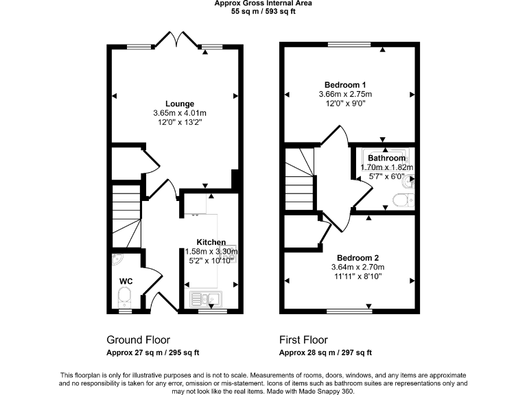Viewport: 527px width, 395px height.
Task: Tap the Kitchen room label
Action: click(211, 243)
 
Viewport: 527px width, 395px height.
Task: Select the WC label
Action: click(126, 281)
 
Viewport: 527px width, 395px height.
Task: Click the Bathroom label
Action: click(386, 158)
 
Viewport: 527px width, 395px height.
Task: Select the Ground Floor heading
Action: click(138, 339)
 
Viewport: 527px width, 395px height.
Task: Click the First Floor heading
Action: click(303, 339)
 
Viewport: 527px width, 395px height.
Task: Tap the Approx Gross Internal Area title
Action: click(263, 3)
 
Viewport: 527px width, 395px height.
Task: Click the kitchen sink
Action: click(205, 298)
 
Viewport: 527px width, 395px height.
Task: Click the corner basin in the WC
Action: click(117, 260)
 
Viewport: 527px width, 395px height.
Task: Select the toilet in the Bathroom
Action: click(401, 200)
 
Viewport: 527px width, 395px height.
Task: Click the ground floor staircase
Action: click(126, 215)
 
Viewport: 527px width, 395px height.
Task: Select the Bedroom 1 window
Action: click(348, 45)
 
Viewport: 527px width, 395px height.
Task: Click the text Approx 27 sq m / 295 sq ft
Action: click(152, 353)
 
